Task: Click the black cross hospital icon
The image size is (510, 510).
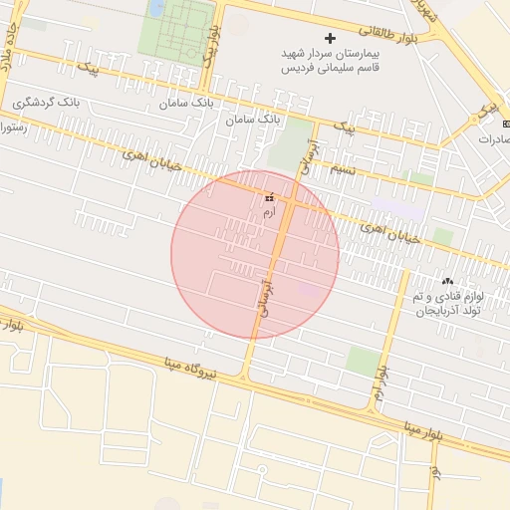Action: point(331,38)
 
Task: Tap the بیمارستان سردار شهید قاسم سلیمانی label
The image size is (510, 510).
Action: point(331,61)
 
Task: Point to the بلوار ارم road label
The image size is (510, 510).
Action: point(382,382)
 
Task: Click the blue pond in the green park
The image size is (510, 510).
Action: point(156,8)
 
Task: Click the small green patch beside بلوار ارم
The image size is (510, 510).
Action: point(362,361)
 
